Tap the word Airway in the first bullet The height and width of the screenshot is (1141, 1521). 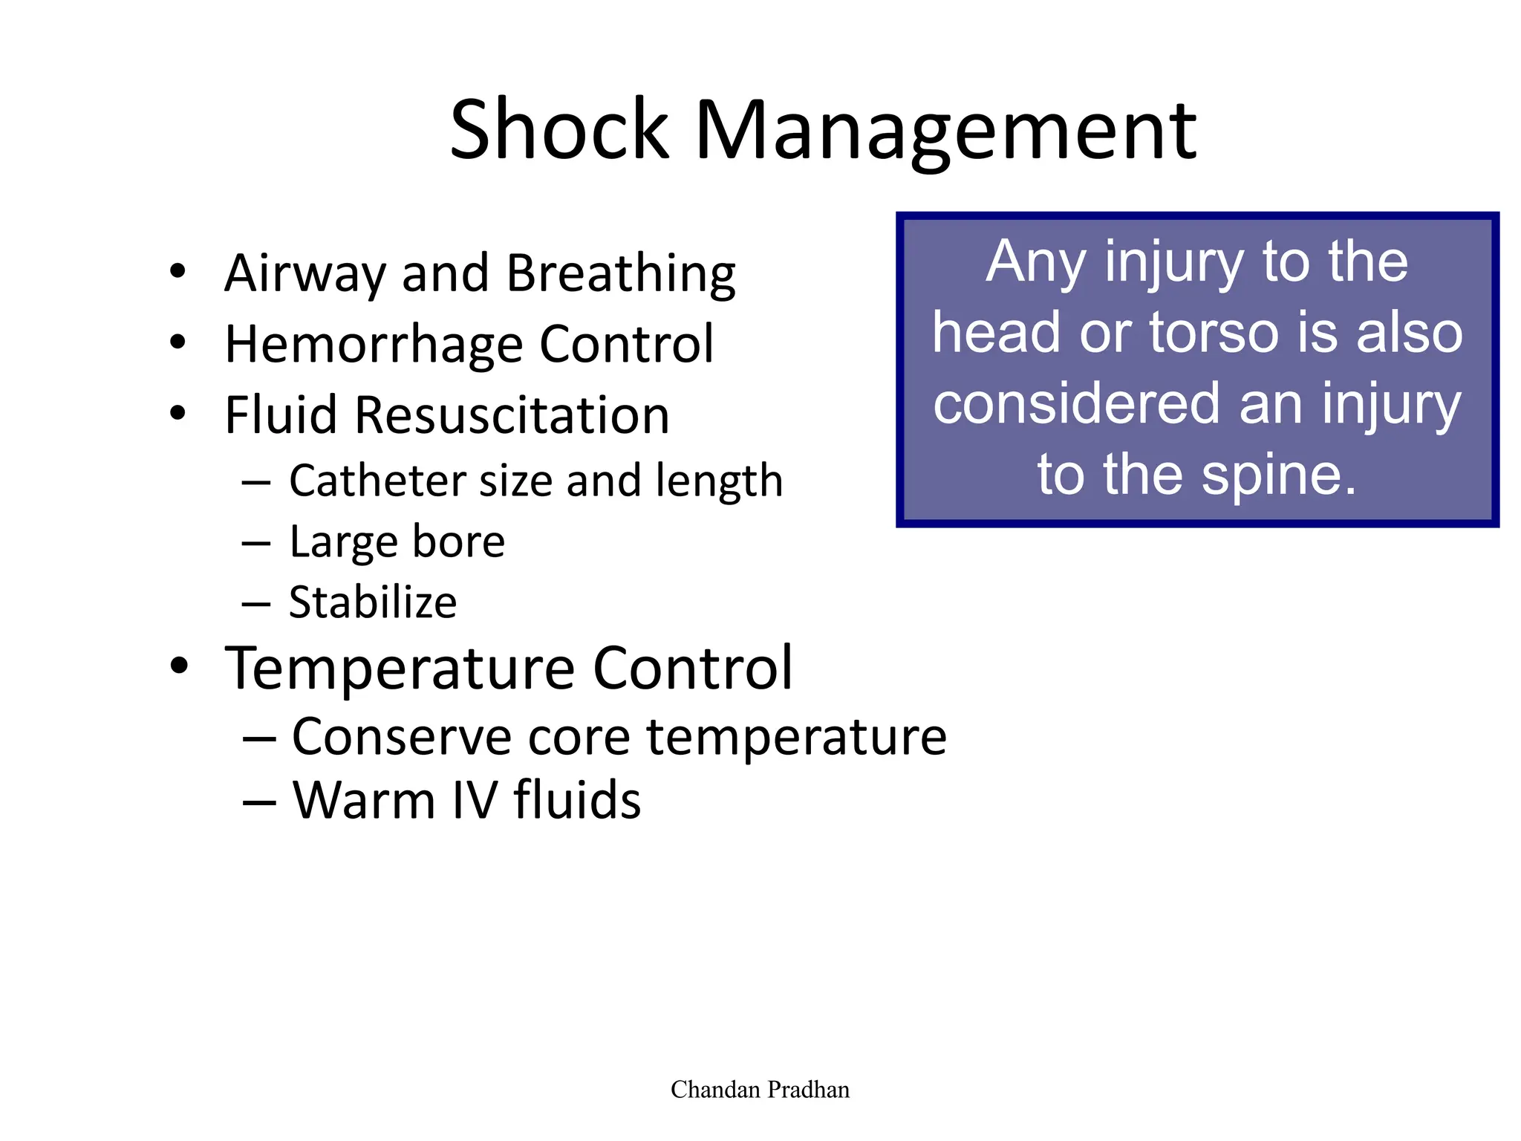point(305,273)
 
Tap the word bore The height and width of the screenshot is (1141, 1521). point(458,542)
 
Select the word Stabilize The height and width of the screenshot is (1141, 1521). point(373,602)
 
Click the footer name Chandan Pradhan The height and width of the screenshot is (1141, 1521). point(760,1090)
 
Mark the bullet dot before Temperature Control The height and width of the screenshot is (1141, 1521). point(178,666)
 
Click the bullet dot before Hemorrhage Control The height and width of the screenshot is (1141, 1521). point(177,342)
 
